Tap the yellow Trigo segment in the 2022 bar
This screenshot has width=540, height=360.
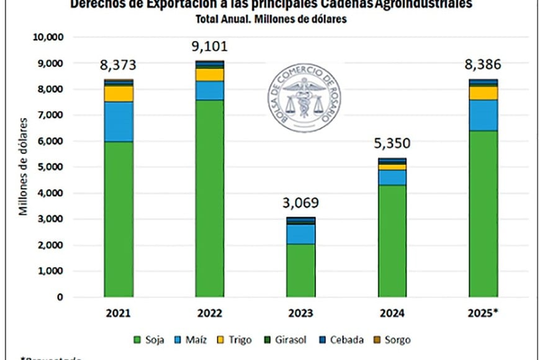pos(209,74)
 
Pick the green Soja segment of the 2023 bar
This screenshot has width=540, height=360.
pos(300,271)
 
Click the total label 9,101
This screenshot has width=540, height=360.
pos(209,47)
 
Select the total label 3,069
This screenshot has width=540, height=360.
pos(300,203)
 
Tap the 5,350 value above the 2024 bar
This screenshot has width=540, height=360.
pos(392,145)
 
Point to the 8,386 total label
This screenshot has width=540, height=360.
pos(484,65)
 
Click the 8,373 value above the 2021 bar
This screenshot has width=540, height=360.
pos(119,65)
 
